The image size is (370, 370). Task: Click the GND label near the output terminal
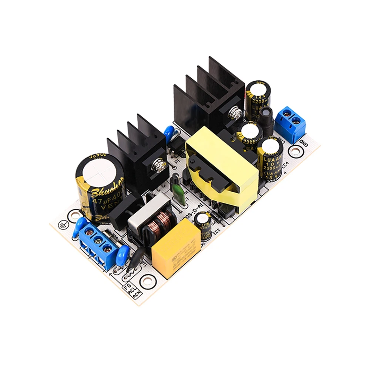304,142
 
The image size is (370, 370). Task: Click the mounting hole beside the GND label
295,151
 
